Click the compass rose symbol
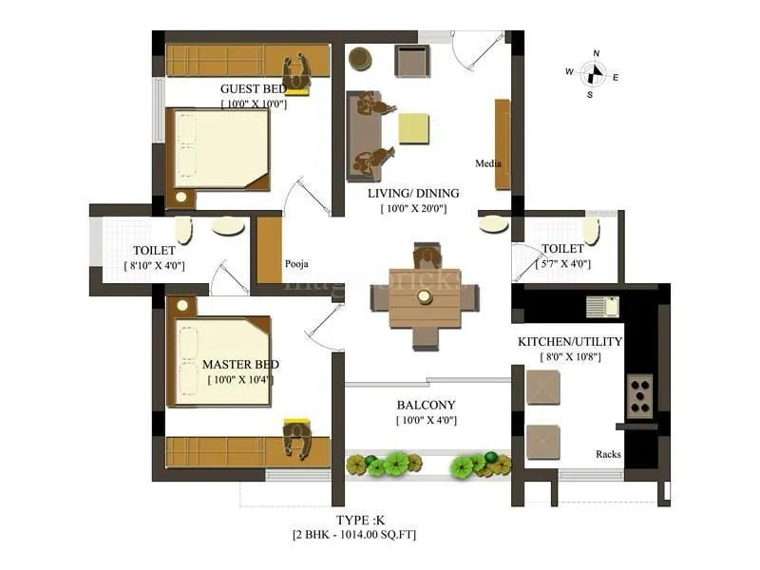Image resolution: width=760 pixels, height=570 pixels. coord(594,73)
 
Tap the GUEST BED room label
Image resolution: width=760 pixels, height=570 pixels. coord(253,89)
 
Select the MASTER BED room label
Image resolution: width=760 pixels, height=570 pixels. coord(240,365)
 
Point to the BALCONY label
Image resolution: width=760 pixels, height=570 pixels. coord(427,404)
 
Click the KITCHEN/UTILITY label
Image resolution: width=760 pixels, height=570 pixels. coord(570,341)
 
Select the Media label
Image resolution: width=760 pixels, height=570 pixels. coord(488,163)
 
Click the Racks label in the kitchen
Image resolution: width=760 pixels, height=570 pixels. coord(608,454)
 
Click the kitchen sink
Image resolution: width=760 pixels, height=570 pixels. coord(602,306)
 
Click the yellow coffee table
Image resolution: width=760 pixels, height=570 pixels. coord(413,127)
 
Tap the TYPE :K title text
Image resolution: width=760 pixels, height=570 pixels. coord(362,520)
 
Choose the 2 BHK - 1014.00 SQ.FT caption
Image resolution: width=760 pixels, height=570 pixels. coord(361,536)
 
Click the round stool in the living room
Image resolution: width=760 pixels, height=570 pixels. coord(360,59)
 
